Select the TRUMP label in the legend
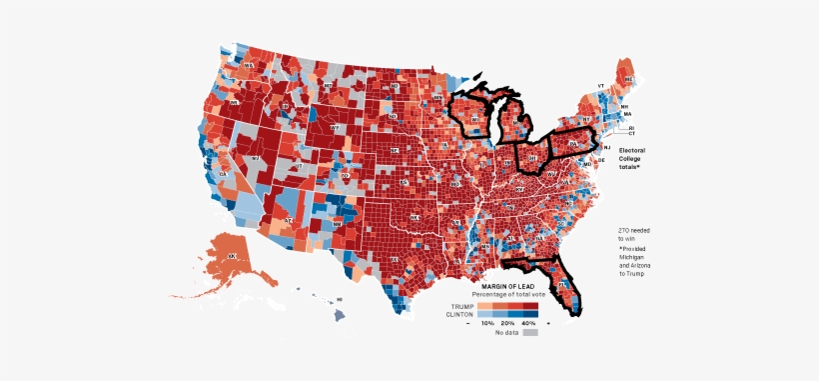tap(461, 304)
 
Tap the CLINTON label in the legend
tap(459, 313)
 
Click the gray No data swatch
tap(530, 332)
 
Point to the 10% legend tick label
tap(488, 323)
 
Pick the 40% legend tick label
tap(528, 323)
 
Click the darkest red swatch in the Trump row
tap(528, 304)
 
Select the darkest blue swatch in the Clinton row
tap(528, 313)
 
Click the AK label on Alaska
tap(232, 257)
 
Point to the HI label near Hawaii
tap(340, 300)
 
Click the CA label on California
tap(224, 175)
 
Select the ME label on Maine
tap(628, 78)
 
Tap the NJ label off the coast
tap(606, 147)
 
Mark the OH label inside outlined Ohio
tap(531, 158)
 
